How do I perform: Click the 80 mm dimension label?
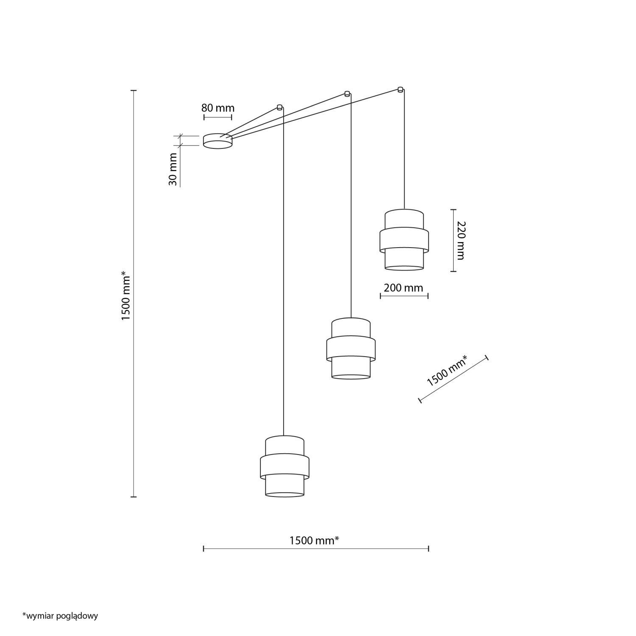(x=218, y=108)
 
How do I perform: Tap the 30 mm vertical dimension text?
(x=173, y=173)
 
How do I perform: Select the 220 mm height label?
(x=461, y=240)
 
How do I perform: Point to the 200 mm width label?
(x=403, y=288)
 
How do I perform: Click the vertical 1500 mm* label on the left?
(x=126, y=296)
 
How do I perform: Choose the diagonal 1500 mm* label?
(x=447, y=371)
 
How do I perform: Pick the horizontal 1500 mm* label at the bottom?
(x=314, y=540)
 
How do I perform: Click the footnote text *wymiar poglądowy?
(x=60, y=616)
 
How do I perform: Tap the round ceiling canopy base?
(x=218, y=141)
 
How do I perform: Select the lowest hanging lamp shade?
(x=285, y=466)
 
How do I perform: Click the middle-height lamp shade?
(x=351, y=348)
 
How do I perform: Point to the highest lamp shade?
(x=404, y=240)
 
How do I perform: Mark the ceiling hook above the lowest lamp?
(x=279, y=107)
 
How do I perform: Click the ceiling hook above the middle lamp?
(x=347, y=94)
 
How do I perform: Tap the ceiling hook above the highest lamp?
(x=400, y=89)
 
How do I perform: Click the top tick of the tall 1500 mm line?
(x=134, y=91)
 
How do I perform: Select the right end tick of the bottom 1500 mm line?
(x=429, y=549)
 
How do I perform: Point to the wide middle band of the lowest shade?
(x=285, y=466)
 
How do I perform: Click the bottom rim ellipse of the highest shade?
(x=404, y=268)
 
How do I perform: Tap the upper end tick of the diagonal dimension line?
(x=487, y=358)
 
